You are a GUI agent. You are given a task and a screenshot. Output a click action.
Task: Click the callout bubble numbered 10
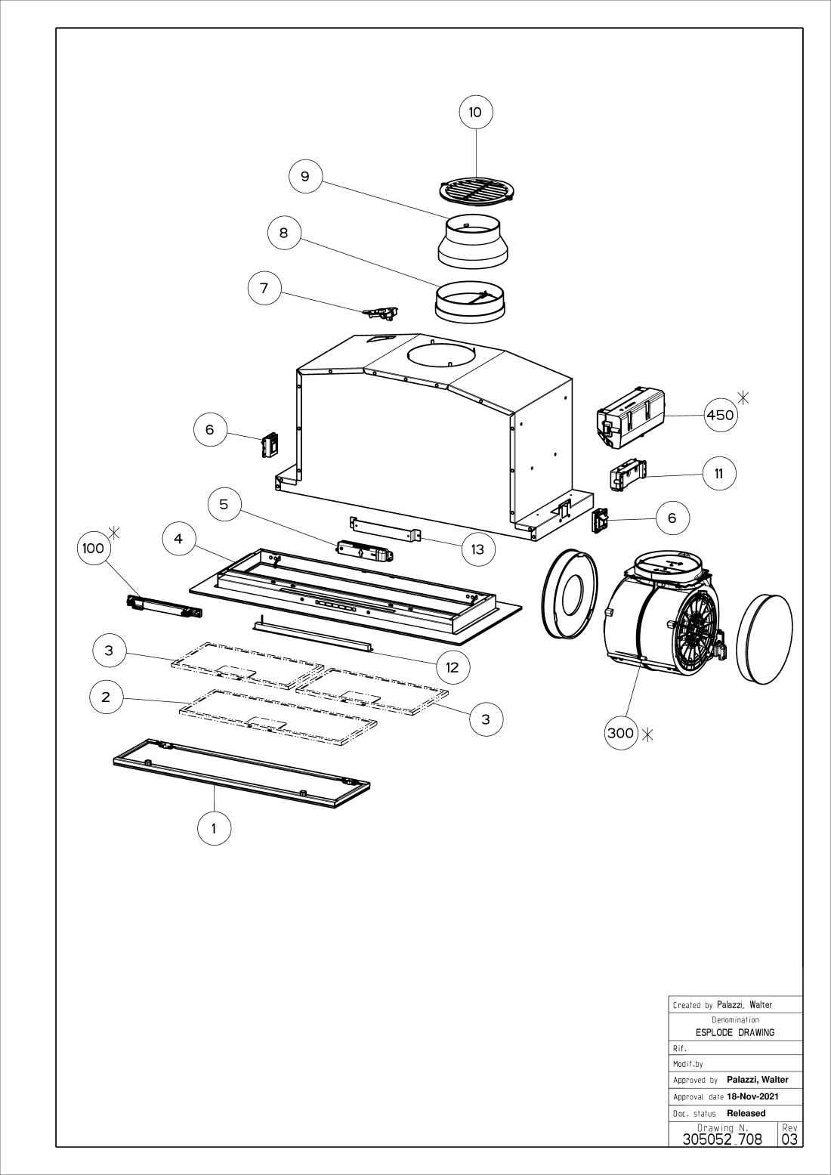pos(476,113)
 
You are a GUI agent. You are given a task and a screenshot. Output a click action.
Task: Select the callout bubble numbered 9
pos(305,176)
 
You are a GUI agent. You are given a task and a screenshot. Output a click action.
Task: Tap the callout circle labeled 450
pos(720,415)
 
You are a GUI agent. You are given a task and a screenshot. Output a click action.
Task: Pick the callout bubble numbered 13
pos(477,549)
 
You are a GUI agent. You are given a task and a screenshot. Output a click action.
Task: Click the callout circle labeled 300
pos(621,732)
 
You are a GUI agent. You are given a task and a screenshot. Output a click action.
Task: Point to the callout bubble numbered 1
pos(214,828)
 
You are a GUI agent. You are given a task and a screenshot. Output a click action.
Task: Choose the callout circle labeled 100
pos(93,549)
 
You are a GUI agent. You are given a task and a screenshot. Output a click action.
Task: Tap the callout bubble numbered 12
pos(453,666)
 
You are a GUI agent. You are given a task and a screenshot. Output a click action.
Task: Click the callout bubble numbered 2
pos(106,697)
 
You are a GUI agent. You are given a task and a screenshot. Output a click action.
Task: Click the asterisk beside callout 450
pos(743,396)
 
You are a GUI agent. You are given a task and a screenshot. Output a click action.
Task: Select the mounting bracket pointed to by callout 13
pos(385,527)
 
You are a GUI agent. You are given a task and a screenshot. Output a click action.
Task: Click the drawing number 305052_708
pos(722,1139)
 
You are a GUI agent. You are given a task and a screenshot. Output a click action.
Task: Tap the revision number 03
pos(789,1139)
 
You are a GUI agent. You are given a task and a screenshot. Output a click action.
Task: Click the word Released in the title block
pos(746,1113)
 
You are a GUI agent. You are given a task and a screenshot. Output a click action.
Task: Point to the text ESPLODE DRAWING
pos(735,1032)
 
